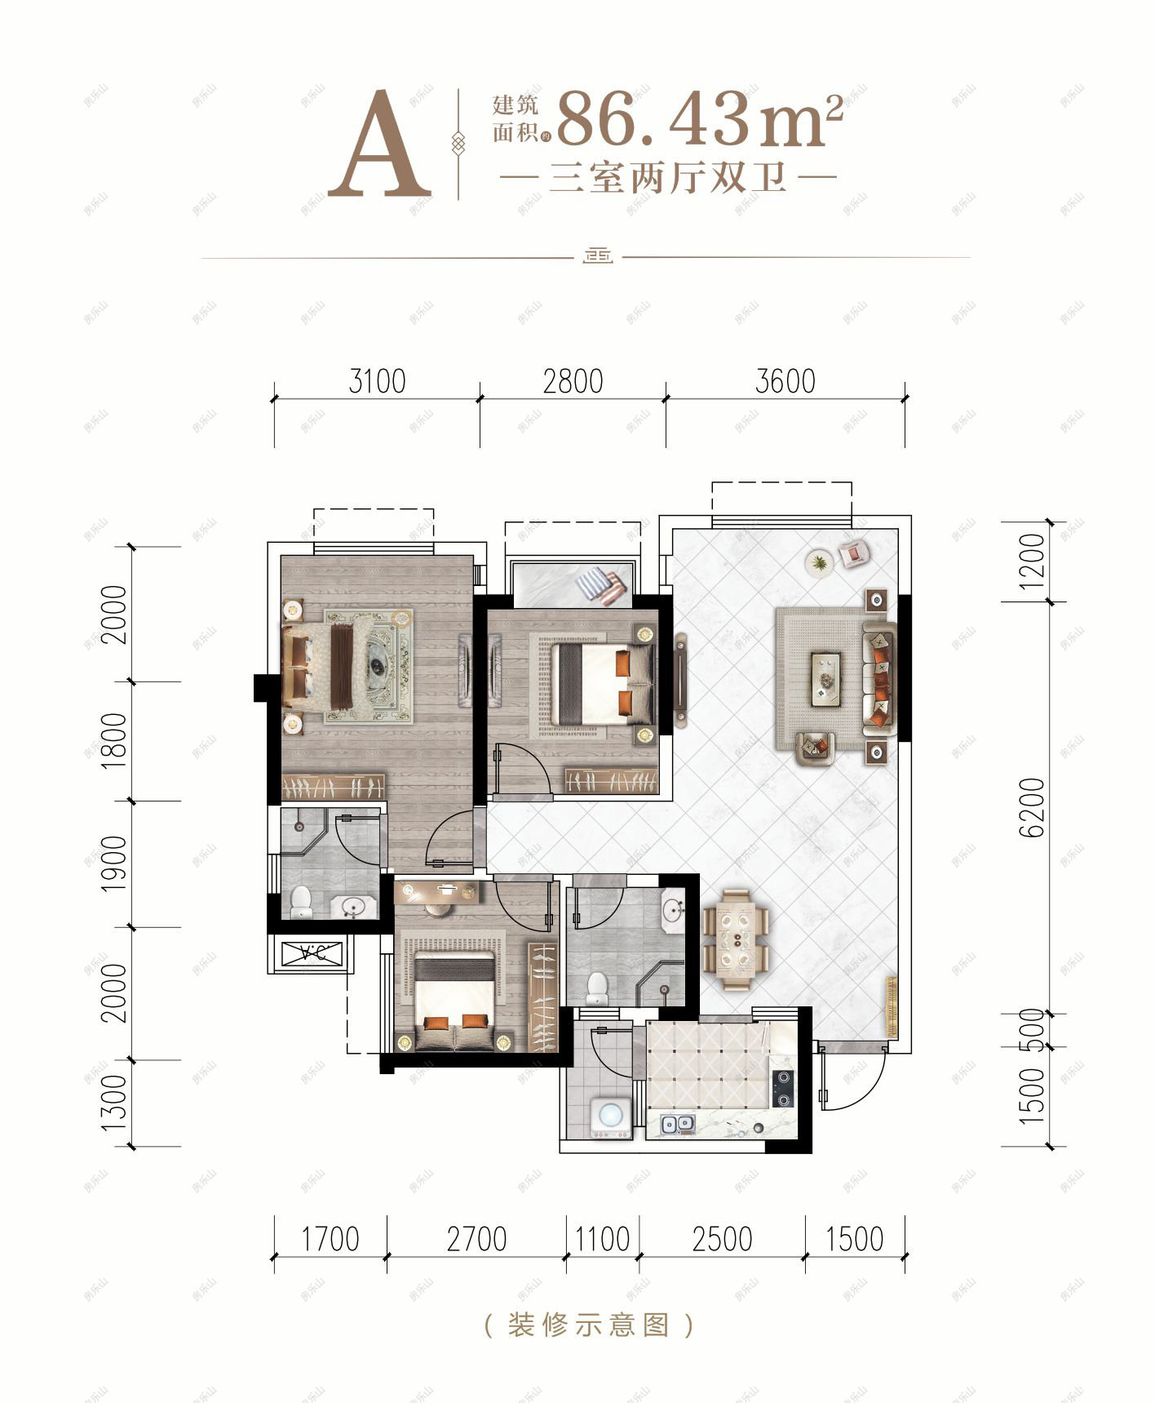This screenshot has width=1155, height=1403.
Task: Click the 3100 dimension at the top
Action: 376,381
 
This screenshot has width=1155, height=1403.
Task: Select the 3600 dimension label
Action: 785,381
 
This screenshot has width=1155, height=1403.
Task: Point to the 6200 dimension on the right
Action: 1032,807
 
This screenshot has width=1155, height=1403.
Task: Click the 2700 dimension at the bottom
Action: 476,1239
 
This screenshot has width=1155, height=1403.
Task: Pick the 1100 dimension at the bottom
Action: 602,1239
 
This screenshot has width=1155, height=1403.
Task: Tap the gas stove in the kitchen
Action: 782,1088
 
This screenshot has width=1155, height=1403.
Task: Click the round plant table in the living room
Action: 819,563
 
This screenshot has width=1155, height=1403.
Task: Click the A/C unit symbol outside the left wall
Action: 310,952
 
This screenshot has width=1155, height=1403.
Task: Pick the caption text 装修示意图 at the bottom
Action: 588,1324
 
